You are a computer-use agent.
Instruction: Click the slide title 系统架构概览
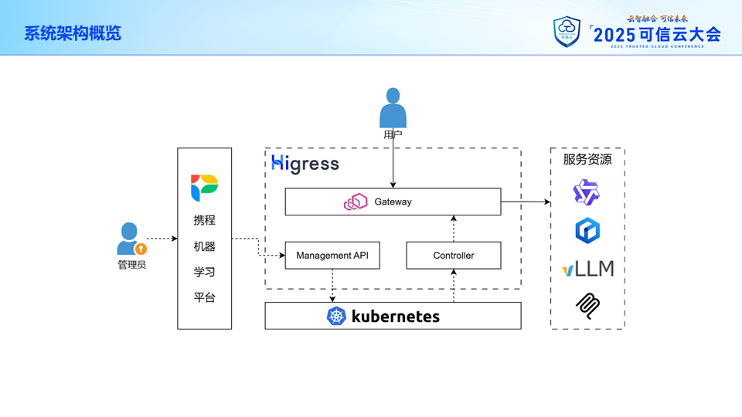tap(73, 33)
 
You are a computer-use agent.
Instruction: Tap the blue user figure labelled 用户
tap(393, 108)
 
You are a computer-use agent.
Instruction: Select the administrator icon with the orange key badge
tap(130, 239)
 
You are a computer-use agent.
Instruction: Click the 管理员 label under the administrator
tap(131, 265)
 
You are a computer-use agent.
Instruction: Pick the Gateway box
tap(393, 202)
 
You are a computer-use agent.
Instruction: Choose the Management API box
tap(332, 256)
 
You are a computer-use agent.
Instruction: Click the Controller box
tap(454, 256)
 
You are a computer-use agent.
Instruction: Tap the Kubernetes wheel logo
tap(336, 316)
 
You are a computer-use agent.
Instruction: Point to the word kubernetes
tap(395, 316)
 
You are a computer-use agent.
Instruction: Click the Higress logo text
tap(305, 164)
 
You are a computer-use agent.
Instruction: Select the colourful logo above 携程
tap(205, 188)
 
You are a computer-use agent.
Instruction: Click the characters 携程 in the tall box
tap(205, 220)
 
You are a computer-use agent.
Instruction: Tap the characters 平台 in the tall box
tap(205, 297)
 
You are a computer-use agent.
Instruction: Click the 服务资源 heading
tap(587, 160)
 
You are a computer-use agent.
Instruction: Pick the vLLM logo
tap(588, 269)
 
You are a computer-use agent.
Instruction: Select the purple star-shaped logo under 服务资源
tap(587, 192)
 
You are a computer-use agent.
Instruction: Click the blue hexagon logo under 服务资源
tap(587, 230)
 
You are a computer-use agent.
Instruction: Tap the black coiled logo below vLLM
tap(587, 306)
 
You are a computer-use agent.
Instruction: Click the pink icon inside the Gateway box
tap(356, 202)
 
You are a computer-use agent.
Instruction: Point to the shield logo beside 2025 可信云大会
tap(567, 32)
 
